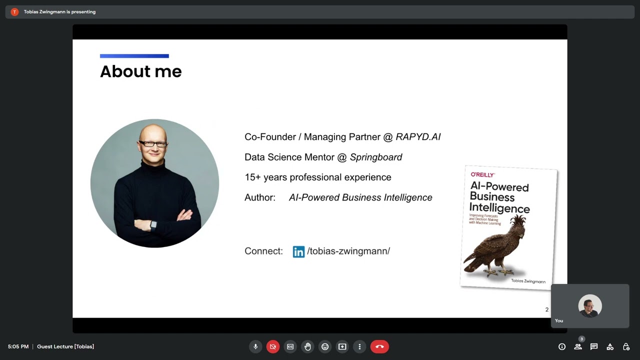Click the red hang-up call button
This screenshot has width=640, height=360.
point(379,346)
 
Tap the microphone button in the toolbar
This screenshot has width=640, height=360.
point(255,346)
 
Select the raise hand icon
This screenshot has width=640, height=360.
point(307,346)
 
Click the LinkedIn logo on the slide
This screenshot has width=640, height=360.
point(298,251)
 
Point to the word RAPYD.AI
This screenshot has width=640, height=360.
point(418,137)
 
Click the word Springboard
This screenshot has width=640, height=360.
point(376,157)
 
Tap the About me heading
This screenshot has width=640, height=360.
point(140,71)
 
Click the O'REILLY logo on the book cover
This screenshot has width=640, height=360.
point(482,174)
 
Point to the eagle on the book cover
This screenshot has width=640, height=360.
point(497,247)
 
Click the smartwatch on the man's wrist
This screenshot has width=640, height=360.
point(153,224)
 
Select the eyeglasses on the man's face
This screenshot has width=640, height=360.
point(153,144)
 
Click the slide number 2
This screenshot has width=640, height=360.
point(546,310)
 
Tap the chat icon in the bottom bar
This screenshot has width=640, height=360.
point(594,346)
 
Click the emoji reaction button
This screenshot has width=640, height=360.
point(325,346)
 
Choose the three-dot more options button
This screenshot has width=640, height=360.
point(359,346)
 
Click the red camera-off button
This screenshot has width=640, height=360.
point(273,346)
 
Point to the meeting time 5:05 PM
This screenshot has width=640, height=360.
point(18,346)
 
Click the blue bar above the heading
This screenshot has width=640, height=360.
point(134,56)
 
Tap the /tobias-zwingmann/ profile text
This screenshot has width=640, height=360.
point(348,251)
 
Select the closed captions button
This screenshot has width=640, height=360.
point(290,346)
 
